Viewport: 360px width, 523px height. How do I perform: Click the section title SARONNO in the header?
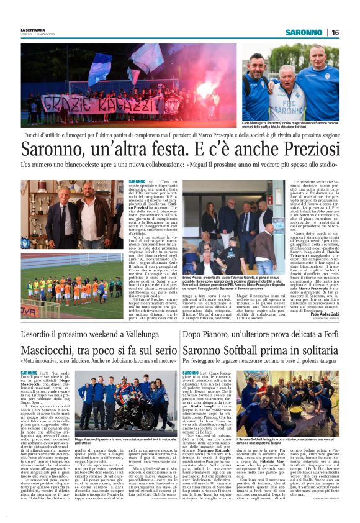point(304,32)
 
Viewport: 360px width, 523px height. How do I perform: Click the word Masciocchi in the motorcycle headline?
point(56,352)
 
